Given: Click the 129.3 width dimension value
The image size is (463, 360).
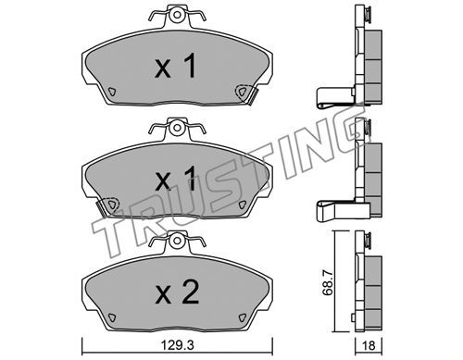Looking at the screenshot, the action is pos(178,345).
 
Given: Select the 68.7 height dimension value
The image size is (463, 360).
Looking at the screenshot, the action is pos(328,282).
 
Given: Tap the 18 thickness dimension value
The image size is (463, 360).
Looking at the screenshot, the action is pos(369,345).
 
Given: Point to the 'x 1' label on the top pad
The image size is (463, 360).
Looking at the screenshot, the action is pos(175,66).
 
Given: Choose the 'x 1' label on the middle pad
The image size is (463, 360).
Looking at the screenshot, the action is pos(175,178).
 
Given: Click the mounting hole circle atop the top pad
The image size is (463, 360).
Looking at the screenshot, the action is pos(177,15).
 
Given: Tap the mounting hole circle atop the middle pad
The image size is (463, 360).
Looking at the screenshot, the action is pos(177,128).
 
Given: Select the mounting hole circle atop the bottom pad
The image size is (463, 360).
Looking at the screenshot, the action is pos(177,241).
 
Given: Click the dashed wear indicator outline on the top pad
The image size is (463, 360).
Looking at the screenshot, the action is pos(243,92).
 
